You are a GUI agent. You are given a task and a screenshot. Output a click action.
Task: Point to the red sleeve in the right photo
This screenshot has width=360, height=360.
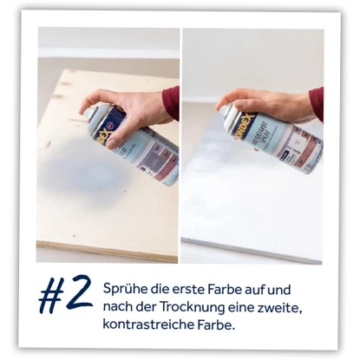pos(316,102)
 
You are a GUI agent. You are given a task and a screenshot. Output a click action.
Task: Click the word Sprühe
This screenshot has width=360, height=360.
pos(122,288)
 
